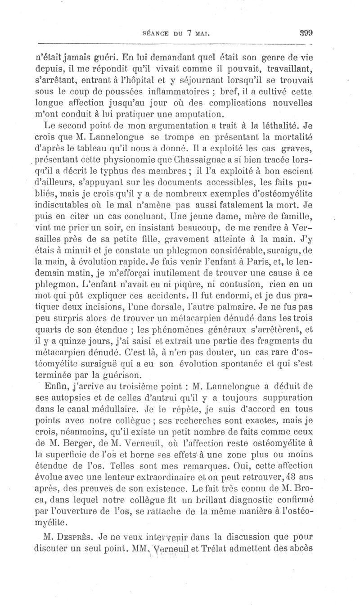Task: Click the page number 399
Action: pyautogui.click(x=306, y=33)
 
